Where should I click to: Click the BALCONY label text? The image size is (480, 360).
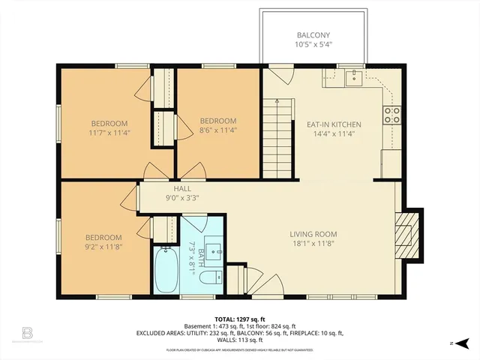click(x=314, y=34)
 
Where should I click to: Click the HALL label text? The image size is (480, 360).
click(x=182, y=189)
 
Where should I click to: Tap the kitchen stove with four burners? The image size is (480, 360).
click(x=392, y=115)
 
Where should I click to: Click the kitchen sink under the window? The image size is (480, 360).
click(x=352, y=76)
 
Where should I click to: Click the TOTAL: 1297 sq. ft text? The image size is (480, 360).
click(x=239, y=318)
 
